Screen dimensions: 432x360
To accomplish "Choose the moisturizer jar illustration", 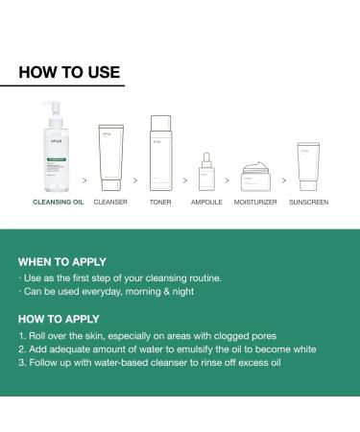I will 252,177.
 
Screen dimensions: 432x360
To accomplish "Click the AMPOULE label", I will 205,203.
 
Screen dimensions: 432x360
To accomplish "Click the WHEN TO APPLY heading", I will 62,261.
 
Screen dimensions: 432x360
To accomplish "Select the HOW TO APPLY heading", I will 60,319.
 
